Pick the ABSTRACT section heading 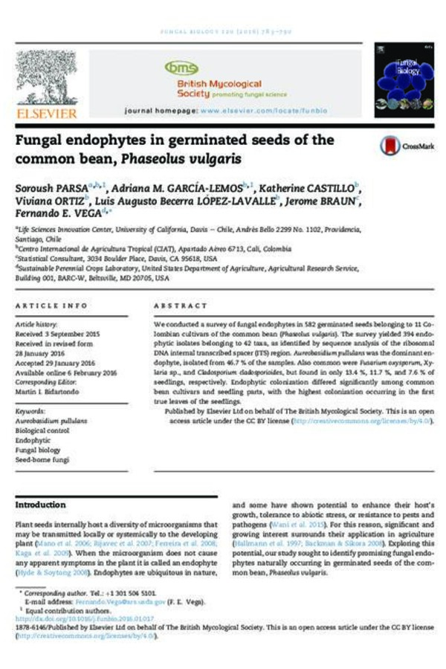click(x=181, y=306)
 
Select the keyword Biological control click(x=42, y=430)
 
